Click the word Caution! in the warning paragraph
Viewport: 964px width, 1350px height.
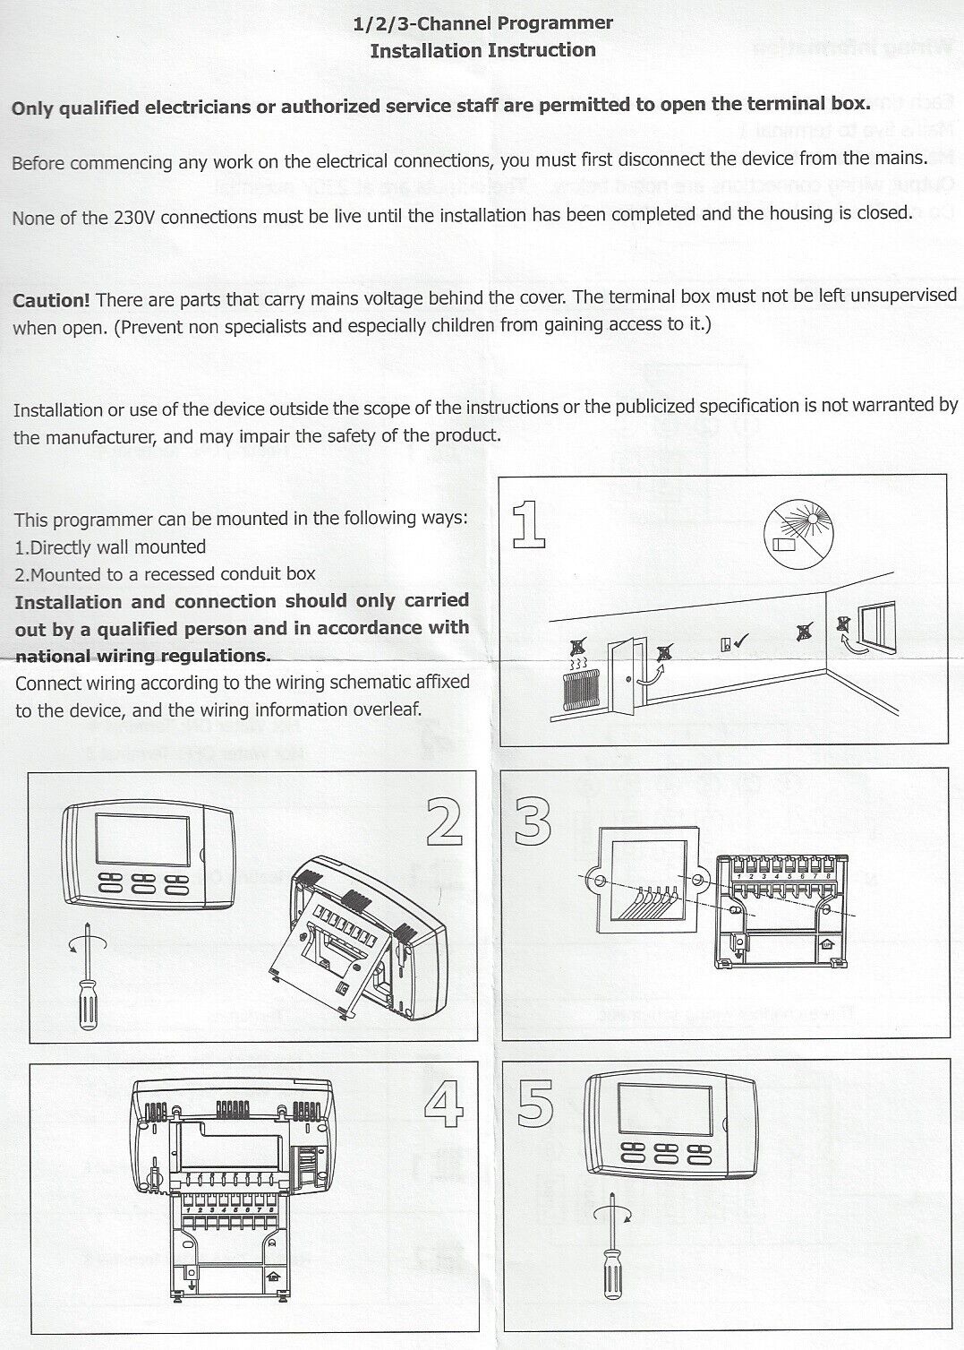coord(50,301)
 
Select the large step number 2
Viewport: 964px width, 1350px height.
coord(444,823)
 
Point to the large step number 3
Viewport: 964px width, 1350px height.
coord(533,822)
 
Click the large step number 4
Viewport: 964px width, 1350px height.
coord(444,1105)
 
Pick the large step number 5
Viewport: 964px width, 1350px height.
coord(535,1104)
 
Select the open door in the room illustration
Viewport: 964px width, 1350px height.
coord(626,676)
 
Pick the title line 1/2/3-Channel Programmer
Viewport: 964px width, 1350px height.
coord(483,23)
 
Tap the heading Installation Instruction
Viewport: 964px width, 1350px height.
coord(483,50)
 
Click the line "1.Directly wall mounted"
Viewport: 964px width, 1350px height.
coord(111,546)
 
